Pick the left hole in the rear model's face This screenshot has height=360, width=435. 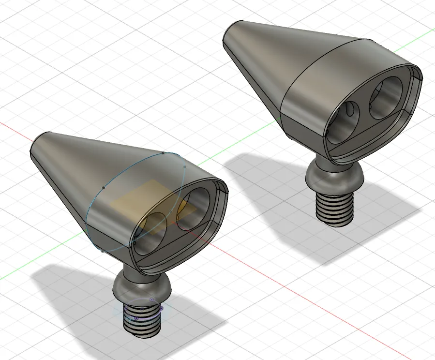344,120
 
